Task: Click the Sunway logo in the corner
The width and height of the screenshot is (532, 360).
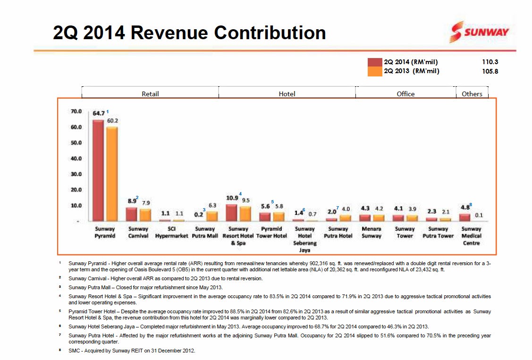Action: point(480,32)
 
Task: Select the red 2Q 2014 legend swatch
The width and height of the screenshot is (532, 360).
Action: point(375,62)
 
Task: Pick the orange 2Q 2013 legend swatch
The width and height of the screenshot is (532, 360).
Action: point(375,72)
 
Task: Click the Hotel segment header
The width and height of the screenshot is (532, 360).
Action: point(287,94)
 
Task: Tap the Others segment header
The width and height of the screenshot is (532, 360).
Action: point(472,94)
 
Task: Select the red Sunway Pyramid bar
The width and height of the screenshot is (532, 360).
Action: point(98,170)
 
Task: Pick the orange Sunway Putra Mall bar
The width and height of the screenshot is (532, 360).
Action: point(212,216)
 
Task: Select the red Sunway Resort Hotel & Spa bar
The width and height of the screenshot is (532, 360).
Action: point(231,212)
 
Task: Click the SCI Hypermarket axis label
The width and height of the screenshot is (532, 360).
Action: point(172,232)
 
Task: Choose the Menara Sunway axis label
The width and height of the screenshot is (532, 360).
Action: point(371,232)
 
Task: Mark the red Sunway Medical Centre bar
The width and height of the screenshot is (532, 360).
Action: point(464,217)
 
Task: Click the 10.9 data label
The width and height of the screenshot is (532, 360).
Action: point(232,198)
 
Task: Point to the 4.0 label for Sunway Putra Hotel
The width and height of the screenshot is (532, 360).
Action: point(346,209)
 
